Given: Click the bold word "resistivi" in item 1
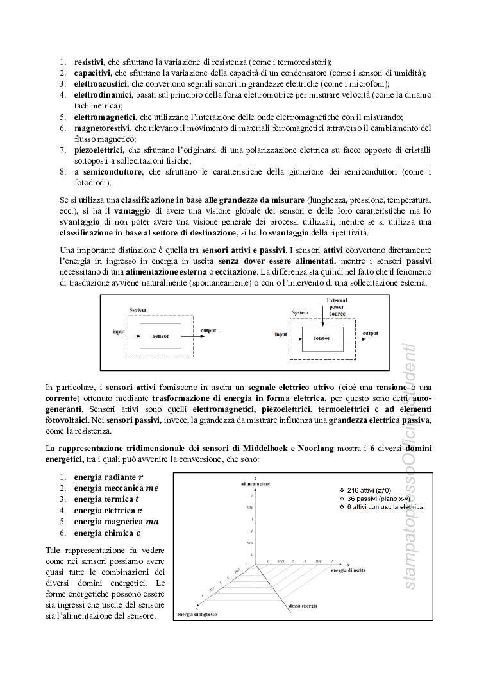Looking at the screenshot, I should [88, 62].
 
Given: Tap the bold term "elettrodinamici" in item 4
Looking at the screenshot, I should [103, 95].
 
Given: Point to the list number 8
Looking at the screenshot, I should [63, 172].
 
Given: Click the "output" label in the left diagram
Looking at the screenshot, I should [208, 331].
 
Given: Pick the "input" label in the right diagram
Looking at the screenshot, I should [281, 334].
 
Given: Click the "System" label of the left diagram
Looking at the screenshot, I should [137, 310].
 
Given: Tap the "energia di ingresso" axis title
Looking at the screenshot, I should [197, 615].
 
